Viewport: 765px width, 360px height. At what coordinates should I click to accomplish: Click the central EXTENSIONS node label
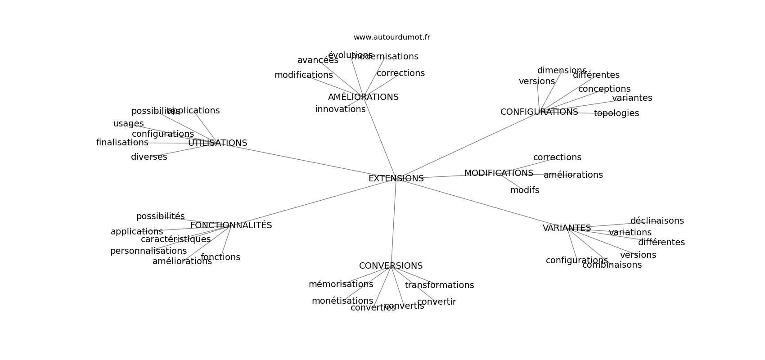pyautogui.click(x=396, y=179)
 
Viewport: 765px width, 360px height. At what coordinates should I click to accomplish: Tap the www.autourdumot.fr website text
pyautogui.click(x=391, y=37)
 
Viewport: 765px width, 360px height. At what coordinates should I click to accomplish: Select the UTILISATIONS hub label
pyautogui.click(x=217, y=143)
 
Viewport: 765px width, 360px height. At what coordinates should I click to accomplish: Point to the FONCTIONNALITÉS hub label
pyautogui.click(x=231, y=225)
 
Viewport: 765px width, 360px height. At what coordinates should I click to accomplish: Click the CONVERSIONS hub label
pyautogui.click(x=391, y=266)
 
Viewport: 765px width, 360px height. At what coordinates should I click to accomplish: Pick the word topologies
pyautogui.click(x=616, y=113)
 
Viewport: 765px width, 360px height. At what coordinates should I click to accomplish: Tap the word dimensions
pyautogui.click(x=562, y=71)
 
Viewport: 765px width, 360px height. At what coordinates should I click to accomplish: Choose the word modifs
pyautogui.click(x=524, y=190)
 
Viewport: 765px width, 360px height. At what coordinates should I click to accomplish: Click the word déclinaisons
pyautogui.click(x=657, y=221)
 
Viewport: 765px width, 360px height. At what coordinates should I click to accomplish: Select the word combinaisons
pyautogui.click(x=612, y=265)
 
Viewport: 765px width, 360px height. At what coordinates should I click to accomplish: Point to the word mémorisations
pyautogui.click(x=341, y=284)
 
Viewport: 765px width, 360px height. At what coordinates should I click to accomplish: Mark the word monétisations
pyautogui.click(x=342, y=301)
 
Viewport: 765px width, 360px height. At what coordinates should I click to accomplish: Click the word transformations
pyautogui.click(x=439, y=285)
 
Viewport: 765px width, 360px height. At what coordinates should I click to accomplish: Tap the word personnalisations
pyautogui.click(x=148, y=251)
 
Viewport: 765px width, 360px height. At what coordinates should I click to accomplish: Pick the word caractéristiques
pyautogui.click(x=175, y=239)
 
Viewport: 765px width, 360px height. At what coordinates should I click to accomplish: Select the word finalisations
pyautogui.click(x=122, y=143)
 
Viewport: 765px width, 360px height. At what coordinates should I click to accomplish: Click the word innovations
pyautogui.click(x=340, y=109)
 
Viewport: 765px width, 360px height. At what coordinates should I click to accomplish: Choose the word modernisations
pyautogui.click(x=385, y=57)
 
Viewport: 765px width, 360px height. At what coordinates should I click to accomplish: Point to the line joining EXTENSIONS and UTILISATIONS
pyautogui.click(x=306, y=161)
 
